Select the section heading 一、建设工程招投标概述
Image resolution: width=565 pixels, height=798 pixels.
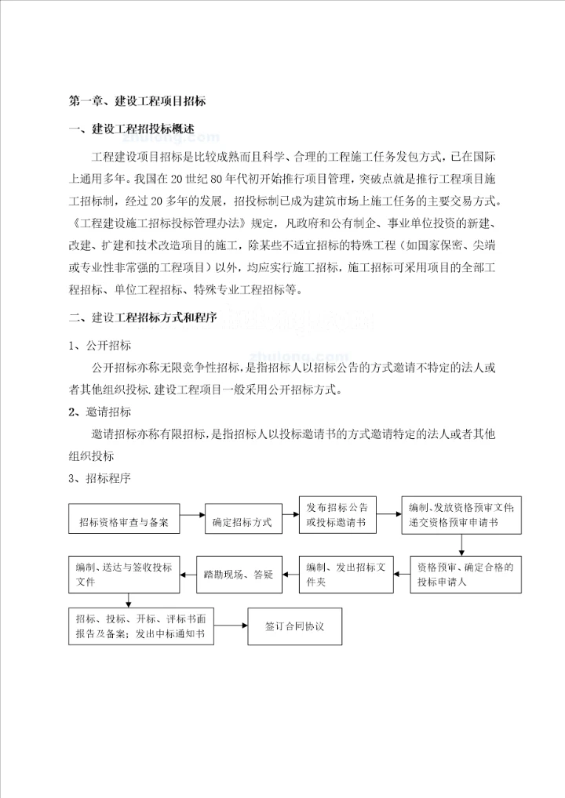(x=132, y=129)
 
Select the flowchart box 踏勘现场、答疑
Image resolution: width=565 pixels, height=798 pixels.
(x=239, y=575)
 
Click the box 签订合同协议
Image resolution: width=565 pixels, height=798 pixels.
(x=295, y=626)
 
